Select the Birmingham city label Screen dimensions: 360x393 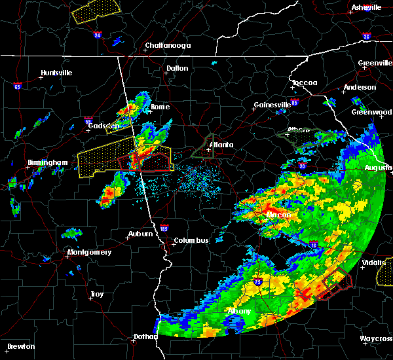click(48, 162)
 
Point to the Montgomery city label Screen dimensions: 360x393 click(90, 252)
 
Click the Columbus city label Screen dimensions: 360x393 click(191, 240)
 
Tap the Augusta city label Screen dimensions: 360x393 click(378, 168)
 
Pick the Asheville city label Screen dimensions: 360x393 click(366, 7)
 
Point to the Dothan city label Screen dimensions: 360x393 click(145, 336)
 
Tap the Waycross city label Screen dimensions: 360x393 click(375, 338)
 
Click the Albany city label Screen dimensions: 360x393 click(238, 311)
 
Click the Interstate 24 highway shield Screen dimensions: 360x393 click(97, 35)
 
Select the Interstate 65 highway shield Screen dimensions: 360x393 click(17, 86)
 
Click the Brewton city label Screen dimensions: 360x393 click(22, 346)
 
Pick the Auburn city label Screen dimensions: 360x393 click(141, 234)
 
